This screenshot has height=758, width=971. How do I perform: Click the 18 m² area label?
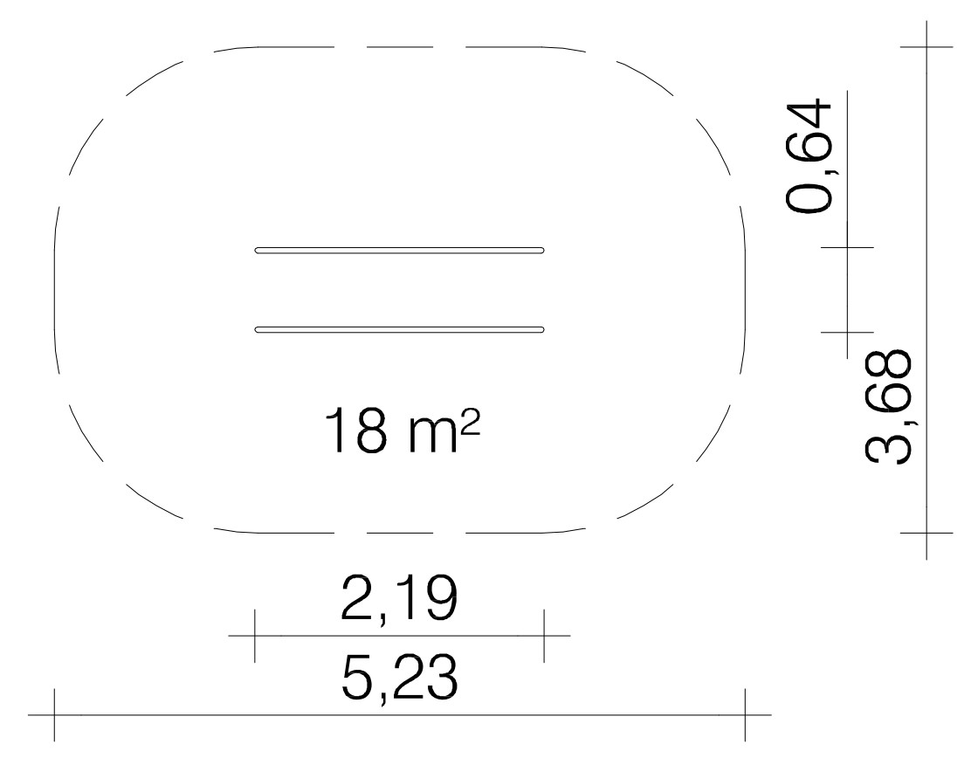402,431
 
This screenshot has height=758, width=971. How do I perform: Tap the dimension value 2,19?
399,598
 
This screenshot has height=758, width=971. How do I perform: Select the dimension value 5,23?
399,677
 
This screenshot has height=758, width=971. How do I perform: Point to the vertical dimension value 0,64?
808,155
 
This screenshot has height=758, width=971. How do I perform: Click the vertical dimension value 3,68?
887,406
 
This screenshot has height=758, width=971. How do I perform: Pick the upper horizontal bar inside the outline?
399,250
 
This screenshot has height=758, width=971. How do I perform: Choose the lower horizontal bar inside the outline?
399,329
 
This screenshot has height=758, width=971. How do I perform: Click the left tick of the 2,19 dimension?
254,636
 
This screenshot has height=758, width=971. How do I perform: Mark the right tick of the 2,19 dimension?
544,636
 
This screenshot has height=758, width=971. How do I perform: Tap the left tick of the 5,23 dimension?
54,714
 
